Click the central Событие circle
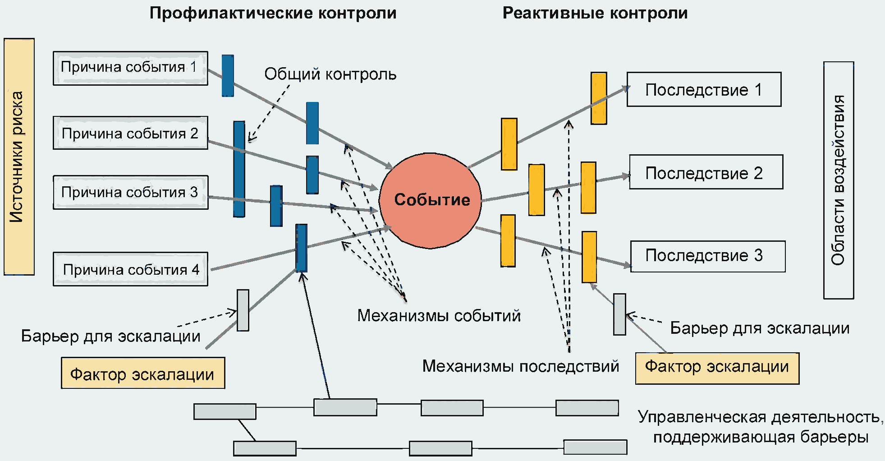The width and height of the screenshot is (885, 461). [x=431, y=201]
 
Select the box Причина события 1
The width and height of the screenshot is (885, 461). [x=130, y=68]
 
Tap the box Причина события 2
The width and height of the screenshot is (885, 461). [x=130, y=133]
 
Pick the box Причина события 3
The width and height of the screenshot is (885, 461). [x=130, y=192]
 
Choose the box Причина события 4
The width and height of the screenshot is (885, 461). [x=130, y=269]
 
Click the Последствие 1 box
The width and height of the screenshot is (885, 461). [x=704, y=89]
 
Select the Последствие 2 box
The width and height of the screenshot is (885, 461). [x=706, y=172]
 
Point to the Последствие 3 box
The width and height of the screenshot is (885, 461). [x=708, y=256]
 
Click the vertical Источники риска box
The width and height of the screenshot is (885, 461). [x=19, y=157]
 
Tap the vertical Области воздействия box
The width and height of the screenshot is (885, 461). [x=839, y=180]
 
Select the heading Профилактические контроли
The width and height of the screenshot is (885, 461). [x=273, y=13]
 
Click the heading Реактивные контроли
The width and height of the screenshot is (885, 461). [x=595, y=13]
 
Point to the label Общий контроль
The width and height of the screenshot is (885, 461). [x=330, y=74]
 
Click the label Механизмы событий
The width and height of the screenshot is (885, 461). [x=439, y=315]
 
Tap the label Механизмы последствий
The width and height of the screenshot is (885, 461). [x=521, y=366]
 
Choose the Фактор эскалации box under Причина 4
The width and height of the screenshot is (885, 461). [x=143, y=373]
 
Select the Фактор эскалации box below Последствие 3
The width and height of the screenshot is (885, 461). [x=717, y=369]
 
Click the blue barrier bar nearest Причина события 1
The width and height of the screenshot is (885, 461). [x=228, y=76]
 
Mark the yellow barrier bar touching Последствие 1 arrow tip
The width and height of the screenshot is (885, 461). [x=599, y=98]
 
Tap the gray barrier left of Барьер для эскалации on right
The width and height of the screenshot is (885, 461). [x=619, y=314]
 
